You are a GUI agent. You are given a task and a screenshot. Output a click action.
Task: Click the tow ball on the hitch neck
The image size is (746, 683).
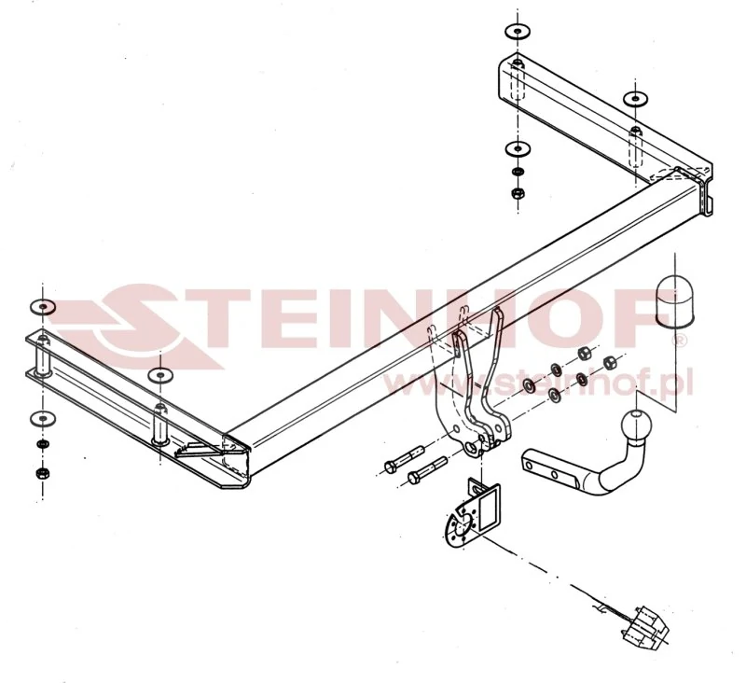point(636,423)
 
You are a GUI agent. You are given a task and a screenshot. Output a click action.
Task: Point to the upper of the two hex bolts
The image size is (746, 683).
point(404,459)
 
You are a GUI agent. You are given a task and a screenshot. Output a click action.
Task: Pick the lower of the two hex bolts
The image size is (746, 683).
point(427,470)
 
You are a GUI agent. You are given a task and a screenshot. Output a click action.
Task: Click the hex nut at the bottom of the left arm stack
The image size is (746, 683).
point(43,473)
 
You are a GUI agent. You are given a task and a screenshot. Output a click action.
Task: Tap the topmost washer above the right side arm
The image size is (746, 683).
point(518,32)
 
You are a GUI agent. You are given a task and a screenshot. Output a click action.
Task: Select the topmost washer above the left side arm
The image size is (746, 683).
point(43,307)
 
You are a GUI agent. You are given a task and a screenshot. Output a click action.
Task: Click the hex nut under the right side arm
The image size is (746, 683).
point(518,193)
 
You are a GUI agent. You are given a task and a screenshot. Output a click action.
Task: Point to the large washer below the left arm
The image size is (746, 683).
point(43,419)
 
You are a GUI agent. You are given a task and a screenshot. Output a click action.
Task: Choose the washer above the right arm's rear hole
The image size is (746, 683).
point(636,99)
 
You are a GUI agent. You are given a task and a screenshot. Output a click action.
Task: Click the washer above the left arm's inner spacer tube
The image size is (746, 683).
point(160,375)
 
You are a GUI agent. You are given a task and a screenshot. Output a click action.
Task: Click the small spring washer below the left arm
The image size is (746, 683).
point(43,444)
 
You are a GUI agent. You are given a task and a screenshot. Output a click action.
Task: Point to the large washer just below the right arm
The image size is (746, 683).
point(518,149)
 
